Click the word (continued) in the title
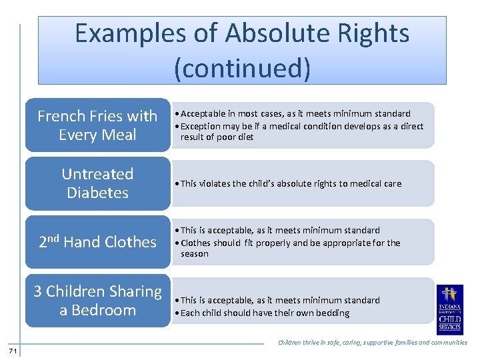pyautogui.click(x=242, y=68)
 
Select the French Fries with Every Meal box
pyautogui.click(x=97, y=125)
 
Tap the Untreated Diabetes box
pyautogui.click(x=97, y=183)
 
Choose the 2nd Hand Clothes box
pyautogui.click(x=97, y=242)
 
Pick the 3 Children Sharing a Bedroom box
pyautogui.click(x=97, y=301)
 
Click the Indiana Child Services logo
pyautogui.click(x=450, y=309)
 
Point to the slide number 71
pyautogui.click(x=13, y=351)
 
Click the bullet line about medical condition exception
pyautogui.click(x=301, y=131)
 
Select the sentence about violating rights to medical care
pyautogui.click(x=291, y=184)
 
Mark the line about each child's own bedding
pyautogui.click(x=265, y=313)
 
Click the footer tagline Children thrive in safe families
pyautogui.click(x=372, y=343)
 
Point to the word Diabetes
pyautogui.click(x=97, y=193)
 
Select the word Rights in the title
pyautogui.click(x=373, y=33)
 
